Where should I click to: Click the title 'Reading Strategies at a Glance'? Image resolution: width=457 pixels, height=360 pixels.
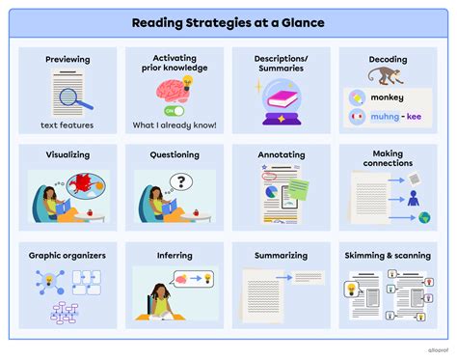click(228, 22)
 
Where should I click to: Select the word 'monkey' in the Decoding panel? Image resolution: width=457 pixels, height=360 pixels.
click(389, 97)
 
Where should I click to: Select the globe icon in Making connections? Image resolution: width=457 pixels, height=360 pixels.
click(424, 218)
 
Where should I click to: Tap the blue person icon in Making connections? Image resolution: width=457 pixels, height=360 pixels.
click(413, 198)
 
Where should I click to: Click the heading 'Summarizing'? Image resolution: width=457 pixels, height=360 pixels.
click(282, 256)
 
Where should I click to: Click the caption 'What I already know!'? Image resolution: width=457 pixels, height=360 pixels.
click(175, 126)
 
